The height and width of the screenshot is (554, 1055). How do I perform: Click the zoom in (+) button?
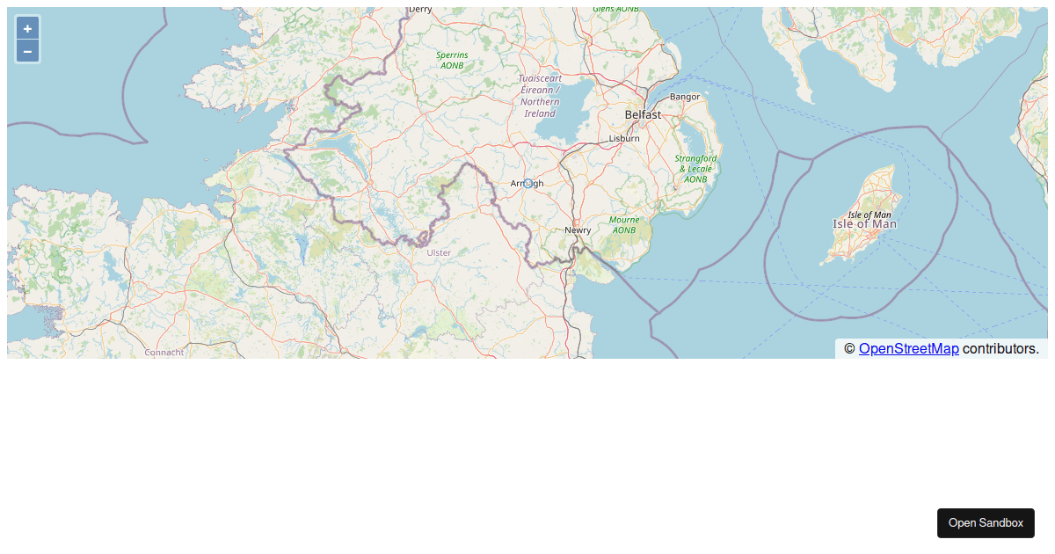pyautogui.click(x=27, y=28)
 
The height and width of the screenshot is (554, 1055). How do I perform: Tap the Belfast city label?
pyautogui.click(x=643, y=115)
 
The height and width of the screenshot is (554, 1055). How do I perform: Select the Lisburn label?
pyautogui.click(x=625, y=139)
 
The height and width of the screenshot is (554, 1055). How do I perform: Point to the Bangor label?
pyautogui.click(x=685, y=97)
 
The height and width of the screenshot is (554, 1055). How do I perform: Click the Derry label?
pyautogui.click(x=420, y=10)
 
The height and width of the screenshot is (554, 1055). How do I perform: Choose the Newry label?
pyautogui.click(x=578, y=230)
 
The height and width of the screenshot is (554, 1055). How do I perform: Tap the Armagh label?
pyautogui.click(x=527, y=183)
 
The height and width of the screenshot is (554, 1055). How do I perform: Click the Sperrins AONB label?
pyautogui.click(x=453, y=60)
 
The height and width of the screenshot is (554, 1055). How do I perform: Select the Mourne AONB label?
pyautogui.click(x=624, y=225)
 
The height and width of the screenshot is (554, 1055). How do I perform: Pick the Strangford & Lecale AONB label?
pyautogui.click(x=695, y=169)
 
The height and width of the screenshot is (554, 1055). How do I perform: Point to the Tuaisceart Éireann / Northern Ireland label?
pyautogui.click(x=540, y=96)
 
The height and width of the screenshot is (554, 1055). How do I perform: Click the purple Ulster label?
pyautogui.click(x=439, y=253)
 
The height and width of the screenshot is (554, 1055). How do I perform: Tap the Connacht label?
pyautogui.click(x=164, y=353)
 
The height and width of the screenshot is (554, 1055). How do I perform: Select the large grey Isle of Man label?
pyautogui.click(x=865, y=224)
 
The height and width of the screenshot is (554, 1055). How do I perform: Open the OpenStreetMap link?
pyautogui.click(x=908, y=349)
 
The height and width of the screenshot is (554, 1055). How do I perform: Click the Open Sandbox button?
pyautogui.click(x=986, y=523)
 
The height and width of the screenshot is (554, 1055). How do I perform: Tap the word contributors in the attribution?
pyautogui.click(x=1000, y=349)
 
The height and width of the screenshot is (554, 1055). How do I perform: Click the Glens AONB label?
pyautogui.click(x=615, y=10)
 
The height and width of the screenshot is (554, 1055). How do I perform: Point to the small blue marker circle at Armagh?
pyautogui.click(x=527, y=183)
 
